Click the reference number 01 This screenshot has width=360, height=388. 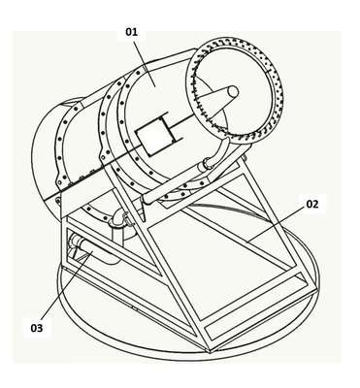[132, 32]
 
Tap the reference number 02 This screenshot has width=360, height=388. [312, 205]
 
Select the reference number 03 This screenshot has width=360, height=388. [37, 328]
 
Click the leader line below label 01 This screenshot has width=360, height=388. [145, 62]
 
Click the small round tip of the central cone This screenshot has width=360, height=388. [233, 91]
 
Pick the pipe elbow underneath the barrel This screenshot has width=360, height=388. [118, 220]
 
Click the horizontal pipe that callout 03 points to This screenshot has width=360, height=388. [95, 253]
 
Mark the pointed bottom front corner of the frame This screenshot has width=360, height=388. [210, 351]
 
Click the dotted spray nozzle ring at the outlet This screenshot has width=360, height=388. [235, 90]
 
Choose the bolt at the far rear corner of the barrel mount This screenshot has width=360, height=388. [57, 202]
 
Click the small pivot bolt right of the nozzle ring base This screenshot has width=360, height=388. [244, 158]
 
